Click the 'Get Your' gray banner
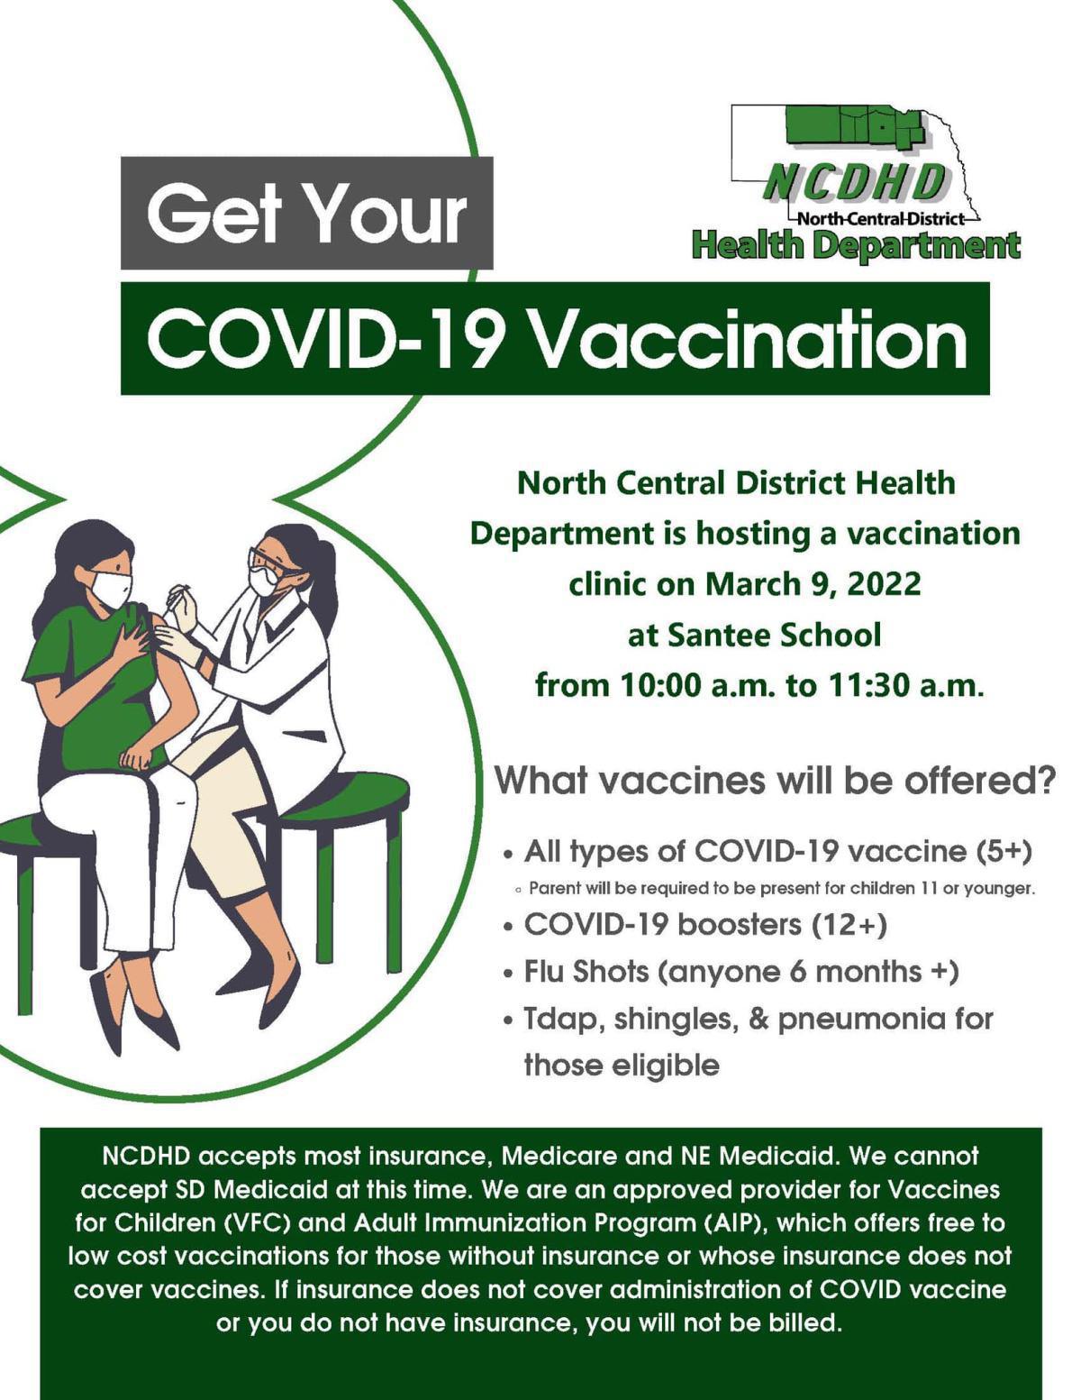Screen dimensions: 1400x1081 pyautogui.click(x=306, y=214)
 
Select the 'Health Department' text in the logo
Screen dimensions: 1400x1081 pyautogui.click(x=856, y=245)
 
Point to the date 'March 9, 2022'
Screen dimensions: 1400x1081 pyautogui.click(x=813, y=584)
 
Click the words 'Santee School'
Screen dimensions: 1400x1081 pyautogui.click(x=774, y=635)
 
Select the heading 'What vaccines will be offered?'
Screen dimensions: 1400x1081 pyautogui.click(x=774, y=781)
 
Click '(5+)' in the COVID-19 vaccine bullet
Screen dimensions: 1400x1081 pyautogui.click(x=1004, y=850)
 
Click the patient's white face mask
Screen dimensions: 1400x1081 pyautogui.click(x=111, y=589)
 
